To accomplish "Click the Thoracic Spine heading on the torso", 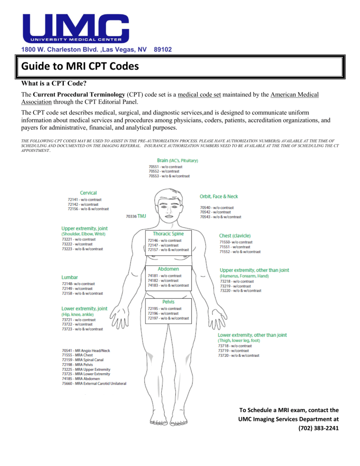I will [168, 233].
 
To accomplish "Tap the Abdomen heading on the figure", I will [168, 269].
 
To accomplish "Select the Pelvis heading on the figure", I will [168, 302].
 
